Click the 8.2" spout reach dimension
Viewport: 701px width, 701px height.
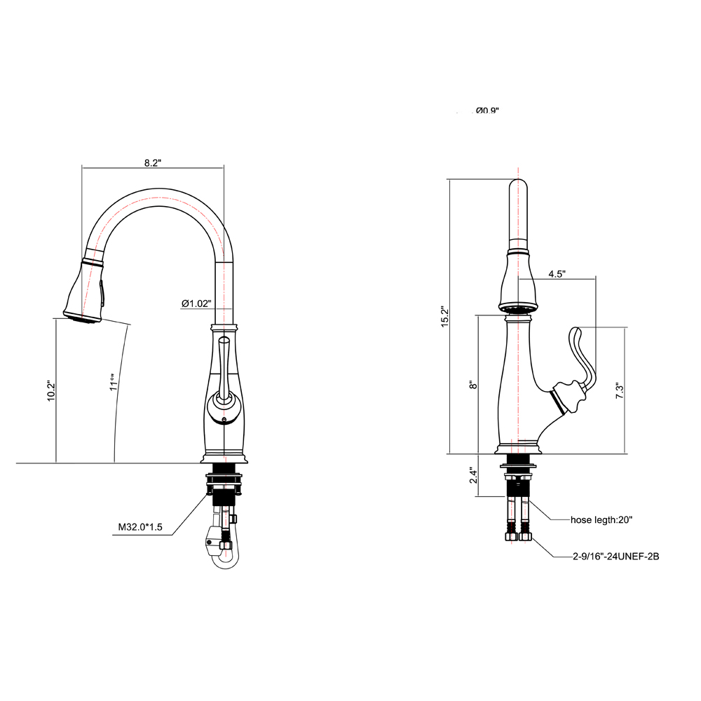click(153, 163)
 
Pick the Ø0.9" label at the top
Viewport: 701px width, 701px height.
click(487, 111)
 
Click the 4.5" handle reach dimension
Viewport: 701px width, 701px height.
click(557, 274)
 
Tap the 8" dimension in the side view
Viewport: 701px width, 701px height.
click(473, 385)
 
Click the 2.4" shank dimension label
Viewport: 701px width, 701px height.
click(473, 476)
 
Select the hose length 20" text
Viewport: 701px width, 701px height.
click(601, 520)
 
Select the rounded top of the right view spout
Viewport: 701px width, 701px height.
click(517, 188)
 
